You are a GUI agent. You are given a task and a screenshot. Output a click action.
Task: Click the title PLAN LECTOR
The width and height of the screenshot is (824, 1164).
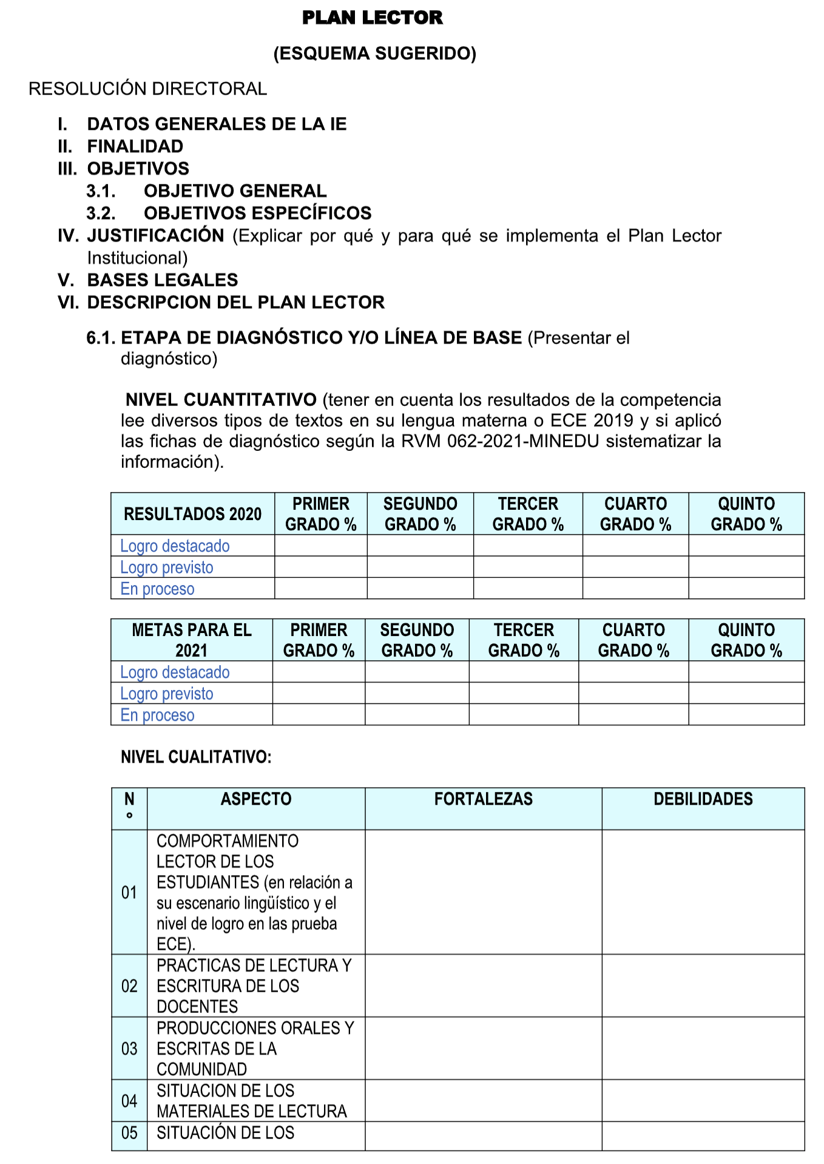(x=372, y=18)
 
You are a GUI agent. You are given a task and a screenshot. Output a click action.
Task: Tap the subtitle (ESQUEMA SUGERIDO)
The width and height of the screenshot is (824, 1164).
(x=375, y=53)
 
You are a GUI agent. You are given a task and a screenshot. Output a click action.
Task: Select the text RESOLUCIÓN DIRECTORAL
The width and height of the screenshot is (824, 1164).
(x=147, y=89)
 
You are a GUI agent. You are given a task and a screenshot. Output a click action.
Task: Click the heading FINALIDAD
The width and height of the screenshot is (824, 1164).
(x=135, y=146)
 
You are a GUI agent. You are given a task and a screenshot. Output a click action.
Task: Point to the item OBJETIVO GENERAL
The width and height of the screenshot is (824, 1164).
(x=235, y=191)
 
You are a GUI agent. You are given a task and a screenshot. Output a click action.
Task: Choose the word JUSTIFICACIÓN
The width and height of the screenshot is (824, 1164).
(x=156, y=235)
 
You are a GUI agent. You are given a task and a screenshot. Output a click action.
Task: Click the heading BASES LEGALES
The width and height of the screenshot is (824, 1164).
(x=163, y=280)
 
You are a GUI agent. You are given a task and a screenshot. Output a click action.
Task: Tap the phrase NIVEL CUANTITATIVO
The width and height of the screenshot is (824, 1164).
(x=221, y=400)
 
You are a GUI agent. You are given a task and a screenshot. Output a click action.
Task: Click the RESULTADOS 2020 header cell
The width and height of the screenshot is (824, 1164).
(x=192, y=514)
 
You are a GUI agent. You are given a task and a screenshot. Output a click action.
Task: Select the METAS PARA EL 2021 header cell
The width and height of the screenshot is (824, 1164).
(x=191, y=640)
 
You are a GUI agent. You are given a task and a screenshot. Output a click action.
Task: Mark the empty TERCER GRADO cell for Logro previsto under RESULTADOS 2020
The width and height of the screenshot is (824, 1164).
(x=527, y=567)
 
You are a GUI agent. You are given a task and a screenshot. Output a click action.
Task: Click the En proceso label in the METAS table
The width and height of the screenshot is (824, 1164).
(x=157, y=715)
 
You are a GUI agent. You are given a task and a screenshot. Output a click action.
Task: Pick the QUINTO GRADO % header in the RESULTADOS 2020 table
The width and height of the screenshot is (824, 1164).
(x=746, y=514)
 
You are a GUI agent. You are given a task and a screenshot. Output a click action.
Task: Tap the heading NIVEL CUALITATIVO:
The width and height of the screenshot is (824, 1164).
(x=196, y=757)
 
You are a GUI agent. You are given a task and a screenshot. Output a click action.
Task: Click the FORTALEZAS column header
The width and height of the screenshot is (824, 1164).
(x=483, y=799)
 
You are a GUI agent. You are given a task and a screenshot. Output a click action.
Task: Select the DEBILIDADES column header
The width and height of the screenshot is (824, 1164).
(x=703, y=799)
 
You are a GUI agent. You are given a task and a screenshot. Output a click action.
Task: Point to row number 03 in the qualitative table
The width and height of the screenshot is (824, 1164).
(x=129, y=1049)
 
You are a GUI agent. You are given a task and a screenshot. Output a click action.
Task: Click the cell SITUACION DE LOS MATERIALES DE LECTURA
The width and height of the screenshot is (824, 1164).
(x=251, y=1101)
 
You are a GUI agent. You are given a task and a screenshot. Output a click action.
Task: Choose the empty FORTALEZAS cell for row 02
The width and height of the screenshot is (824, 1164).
(x=483, y=986)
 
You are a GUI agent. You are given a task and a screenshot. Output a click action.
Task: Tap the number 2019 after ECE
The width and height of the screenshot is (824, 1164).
(x=613, y=421)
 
